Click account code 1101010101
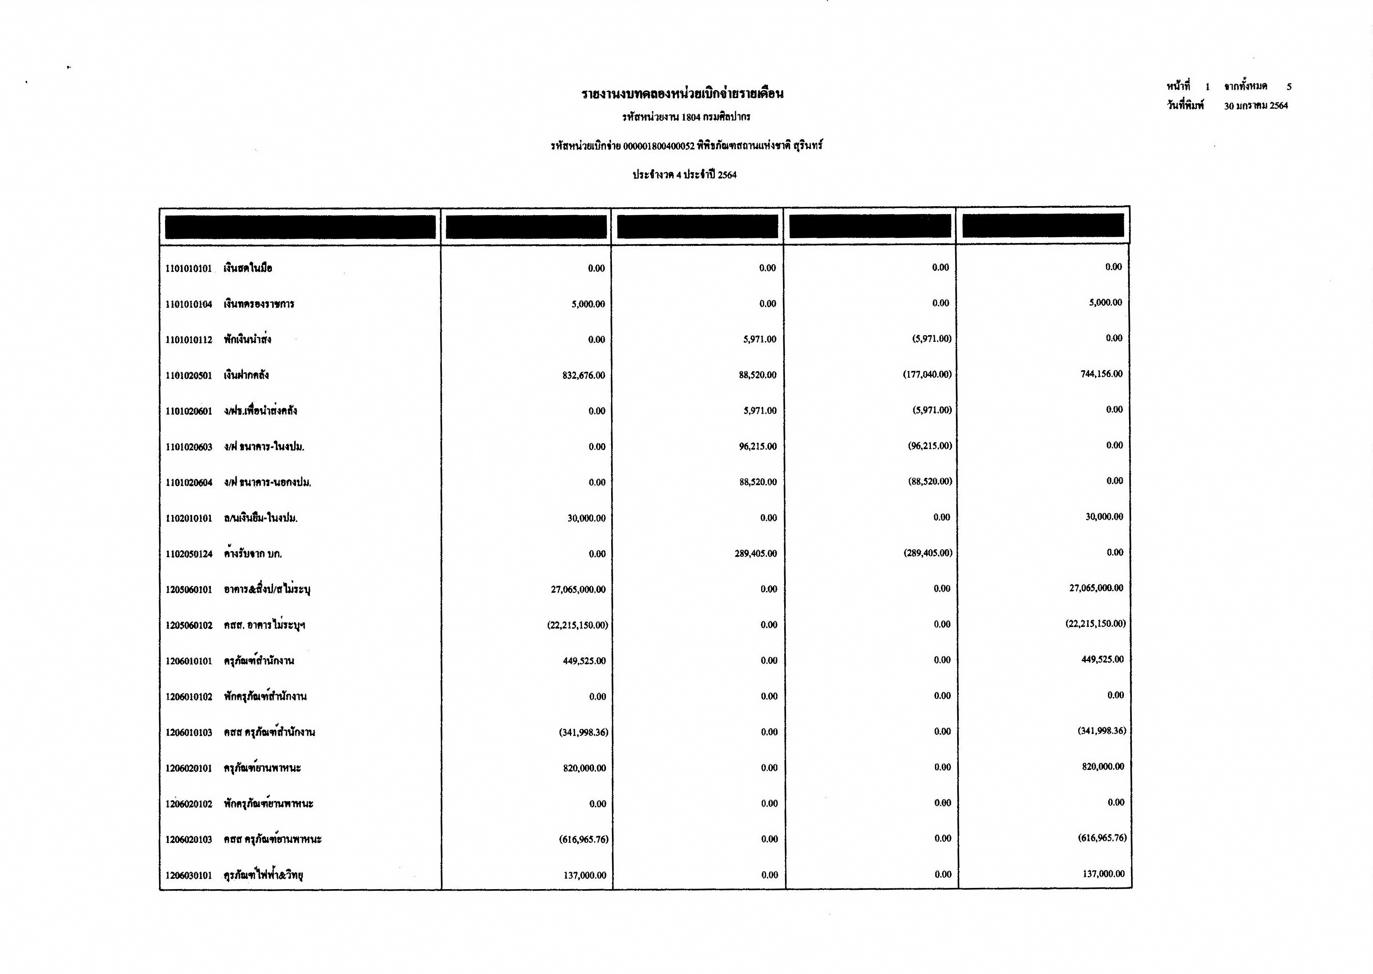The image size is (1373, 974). (189, 269)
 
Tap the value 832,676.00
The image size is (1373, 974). (583, 375)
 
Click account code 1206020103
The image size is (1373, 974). (189, 840)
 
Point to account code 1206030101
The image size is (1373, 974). (189, 876)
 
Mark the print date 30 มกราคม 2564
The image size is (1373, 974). (1256, 106)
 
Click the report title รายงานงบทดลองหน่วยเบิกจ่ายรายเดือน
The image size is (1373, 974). (683, 94)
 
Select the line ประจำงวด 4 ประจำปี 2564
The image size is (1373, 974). (685, 175)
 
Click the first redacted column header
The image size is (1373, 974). (301, 227)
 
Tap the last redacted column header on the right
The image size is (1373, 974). (1043, 226)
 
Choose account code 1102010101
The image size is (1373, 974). (189, 518)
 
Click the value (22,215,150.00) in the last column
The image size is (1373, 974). (1095, 624)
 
